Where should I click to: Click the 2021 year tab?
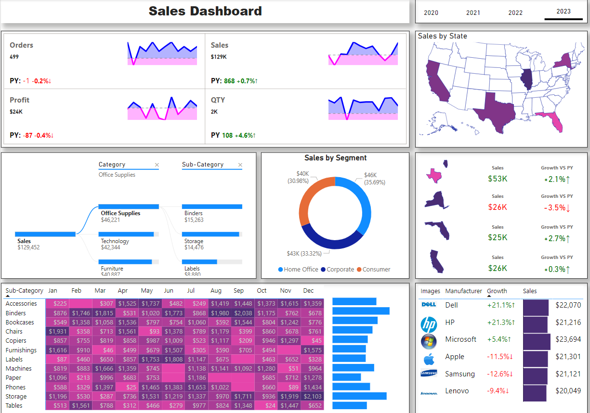473,13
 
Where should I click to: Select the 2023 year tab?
564,12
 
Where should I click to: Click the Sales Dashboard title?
205,11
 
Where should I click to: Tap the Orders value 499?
14,57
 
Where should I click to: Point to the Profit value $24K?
16,112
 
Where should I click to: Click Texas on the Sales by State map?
494,112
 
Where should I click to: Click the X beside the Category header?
157,165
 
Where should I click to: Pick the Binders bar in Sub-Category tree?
212,206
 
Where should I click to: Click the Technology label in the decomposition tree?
115,241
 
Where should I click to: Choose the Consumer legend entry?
376,270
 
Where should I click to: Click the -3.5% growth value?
557,208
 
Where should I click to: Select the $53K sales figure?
498,179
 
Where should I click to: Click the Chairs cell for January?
57,332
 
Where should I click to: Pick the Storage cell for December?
313,396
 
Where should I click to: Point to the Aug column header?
216,291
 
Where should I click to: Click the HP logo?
428,324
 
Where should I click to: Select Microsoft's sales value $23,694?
568,339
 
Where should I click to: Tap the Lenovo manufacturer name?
457,391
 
